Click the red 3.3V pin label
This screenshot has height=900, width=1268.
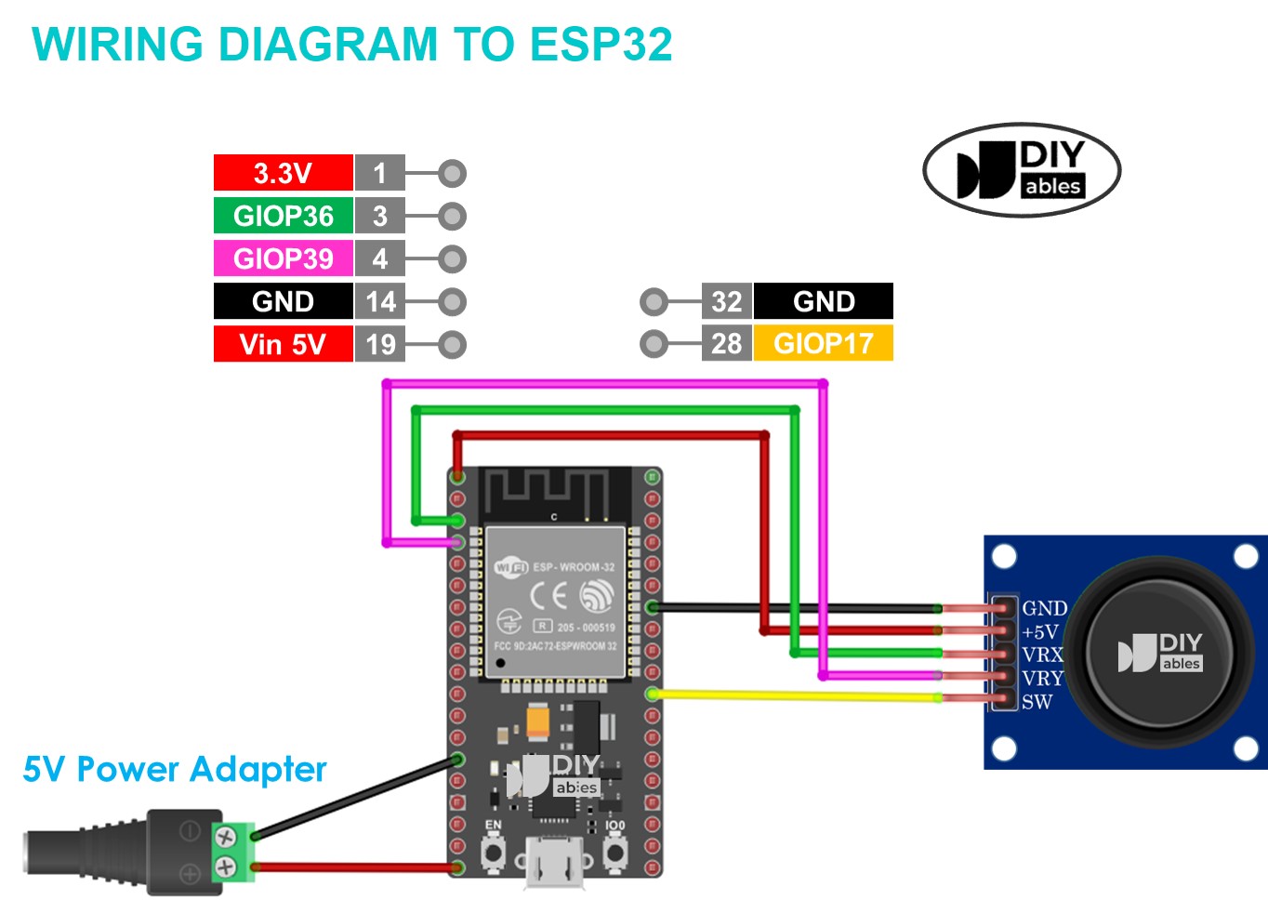tap(283, 173)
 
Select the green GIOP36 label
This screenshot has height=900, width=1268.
tap(283, 216)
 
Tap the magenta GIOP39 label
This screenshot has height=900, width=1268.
tap(283, 258)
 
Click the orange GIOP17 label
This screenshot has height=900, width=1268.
tap(823, 343)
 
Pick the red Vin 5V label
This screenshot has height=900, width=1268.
tap(283, 344)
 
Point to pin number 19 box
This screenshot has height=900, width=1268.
tap(379, 344)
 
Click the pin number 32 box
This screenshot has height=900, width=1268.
tap(726, 301)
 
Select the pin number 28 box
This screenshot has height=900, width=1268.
tap(726, 343)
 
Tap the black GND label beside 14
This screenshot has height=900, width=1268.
tap(283, 301)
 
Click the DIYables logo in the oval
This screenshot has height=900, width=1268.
tap(1022, 170)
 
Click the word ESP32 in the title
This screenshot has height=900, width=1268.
tap(601, 45)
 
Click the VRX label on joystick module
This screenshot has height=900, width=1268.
tap(1042, 655)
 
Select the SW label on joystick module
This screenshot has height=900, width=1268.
tap(1037, 702)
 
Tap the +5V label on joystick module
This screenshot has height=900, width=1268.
tap(1040, 631)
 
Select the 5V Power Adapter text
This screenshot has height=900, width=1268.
tap(175, 770)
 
